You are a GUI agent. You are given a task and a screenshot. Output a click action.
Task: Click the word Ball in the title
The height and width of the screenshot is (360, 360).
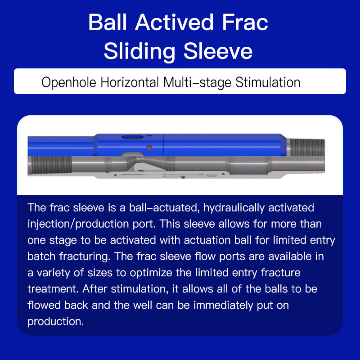pos(108,22)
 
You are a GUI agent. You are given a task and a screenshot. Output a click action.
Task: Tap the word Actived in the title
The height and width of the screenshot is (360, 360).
pos(174,22)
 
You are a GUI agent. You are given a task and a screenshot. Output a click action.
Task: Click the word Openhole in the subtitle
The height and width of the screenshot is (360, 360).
pos(69,82)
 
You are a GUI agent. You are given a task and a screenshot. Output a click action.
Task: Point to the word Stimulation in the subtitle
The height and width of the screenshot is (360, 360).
pos(268,82)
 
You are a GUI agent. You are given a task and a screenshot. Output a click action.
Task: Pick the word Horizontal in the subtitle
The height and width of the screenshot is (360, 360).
pos(130,82)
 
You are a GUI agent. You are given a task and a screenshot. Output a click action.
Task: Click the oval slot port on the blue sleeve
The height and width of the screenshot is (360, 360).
pos(132,137)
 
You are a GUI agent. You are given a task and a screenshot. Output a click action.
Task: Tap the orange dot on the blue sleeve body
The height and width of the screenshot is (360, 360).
pos(149,148)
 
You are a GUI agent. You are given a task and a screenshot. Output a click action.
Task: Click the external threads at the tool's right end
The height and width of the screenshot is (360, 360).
pos(307,147)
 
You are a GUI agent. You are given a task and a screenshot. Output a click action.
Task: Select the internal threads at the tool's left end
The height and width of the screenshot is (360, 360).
pos(51,165)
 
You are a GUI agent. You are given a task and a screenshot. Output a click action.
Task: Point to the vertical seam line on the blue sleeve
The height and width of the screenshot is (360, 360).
pos(163,145)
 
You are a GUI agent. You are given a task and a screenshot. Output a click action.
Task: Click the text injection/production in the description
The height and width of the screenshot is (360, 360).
pos(78,224)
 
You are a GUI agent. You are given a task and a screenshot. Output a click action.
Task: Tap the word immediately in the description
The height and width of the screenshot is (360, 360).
pos(223,306)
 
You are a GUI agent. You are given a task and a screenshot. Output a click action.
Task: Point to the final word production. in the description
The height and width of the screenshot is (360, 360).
pos(55,322)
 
